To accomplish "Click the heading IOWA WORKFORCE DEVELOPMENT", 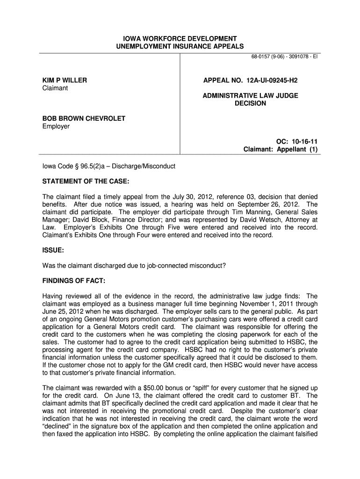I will tap(180, 38).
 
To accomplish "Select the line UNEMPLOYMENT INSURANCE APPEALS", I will tap(180, 46).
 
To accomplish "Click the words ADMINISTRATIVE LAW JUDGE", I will tap(250, 95).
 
